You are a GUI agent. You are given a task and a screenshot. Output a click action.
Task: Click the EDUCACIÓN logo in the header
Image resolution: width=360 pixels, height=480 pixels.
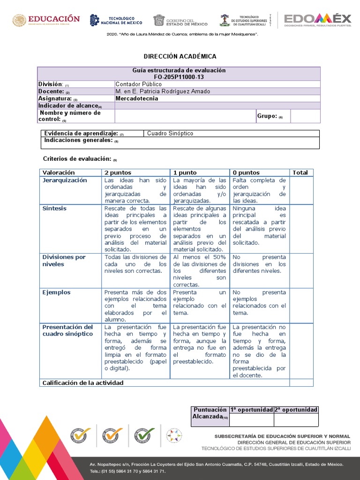pyautogui.click(x=46, y=20)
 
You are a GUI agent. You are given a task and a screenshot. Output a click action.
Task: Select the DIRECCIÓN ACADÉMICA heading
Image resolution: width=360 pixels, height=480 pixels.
pyautogui.click(x=180, y=56)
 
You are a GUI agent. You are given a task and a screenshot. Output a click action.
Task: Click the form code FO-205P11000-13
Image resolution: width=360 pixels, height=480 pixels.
pyautogui.click(x=179, y=77)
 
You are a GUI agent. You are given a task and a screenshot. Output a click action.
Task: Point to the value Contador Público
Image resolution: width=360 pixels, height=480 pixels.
pyautogui.click(x=139, y=84)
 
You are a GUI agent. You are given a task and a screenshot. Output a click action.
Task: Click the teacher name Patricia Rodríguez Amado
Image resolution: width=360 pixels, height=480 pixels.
pyautogui.click(x=163, y=91)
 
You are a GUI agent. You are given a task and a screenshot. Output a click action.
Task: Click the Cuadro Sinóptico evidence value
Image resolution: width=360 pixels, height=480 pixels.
pyautogui.click(x=170, y=134)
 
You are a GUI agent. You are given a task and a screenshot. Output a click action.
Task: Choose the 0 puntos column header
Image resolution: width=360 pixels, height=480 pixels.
pyautogui.click(x=246, y=172)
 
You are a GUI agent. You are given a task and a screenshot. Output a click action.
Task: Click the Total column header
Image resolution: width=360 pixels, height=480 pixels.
pyautogui.click(x=300, y=172)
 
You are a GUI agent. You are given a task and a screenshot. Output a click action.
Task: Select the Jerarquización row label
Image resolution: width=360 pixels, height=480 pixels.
pyautogui.click(x=65, y=180)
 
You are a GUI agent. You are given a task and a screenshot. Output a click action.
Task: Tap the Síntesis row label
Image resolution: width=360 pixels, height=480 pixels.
pyautogui.click(x=54, y=208)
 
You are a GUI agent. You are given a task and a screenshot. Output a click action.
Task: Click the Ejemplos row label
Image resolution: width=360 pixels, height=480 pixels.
pyautogui.click(x=56, y=292)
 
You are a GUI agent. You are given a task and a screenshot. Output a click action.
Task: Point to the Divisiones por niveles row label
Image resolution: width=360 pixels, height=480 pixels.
pyautogui.click(x=64, y=261)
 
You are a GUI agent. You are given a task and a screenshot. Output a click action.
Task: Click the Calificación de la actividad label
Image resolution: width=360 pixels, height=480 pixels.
pyautogui.click(x=83, y=383)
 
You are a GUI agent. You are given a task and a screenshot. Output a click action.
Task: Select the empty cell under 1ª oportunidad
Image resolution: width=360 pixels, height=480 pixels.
pyautogui.click(x=251, y=420)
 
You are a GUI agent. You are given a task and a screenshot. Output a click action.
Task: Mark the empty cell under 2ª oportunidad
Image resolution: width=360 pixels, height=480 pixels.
pyautogui.click(x=296, y=420)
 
